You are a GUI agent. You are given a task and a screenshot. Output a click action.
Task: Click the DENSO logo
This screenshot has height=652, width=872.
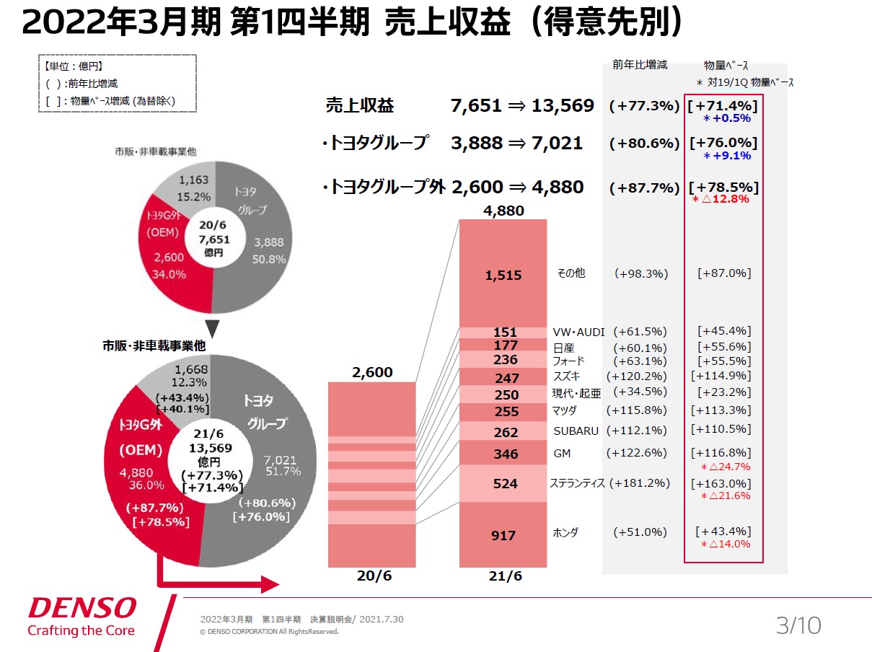(82, 608)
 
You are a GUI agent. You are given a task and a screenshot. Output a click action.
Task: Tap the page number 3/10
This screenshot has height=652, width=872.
(798, 625)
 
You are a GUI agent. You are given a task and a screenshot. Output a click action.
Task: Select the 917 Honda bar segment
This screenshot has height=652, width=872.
(503, 535)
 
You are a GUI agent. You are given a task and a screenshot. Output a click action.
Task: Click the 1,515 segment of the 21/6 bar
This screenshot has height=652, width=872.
(503, 275)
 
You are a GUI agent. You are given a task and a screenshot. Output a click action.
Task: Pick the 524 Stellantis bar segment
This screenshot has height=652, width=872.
(503, 483)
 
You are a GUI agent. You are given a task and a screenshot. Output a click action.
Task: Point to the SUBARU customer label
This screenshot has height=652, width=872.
(576, 431)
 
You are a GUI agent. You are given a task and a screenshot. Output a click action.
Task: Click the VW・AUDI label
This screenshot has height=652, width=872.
(578, 332)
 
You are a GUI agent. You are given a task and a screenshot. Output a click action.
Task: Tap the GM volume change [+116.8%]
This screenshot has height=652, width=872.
(721, 453)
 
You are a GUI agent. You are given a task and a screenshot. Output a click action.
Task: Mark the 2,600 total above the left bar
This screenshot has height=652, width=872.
(372, 372)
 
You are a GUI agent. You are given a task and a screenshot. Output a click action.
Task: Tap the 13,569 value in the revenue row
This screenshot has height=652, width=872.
(563, 106)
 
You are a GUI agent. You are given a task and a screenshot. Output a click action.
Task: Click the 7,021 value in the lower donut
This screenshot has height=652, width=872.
(281, 459)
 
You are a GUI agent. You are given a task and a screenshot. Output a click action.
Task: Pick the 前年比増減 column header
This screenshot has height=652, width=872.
(640, 65)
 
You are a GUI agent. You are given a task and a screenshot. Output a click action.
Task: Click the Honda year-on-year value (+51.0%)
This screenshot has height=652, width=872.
(640, 532)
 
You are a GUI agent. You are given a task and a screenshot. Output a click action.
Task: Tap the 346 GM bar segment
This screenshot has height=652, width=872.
(503, 454)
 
